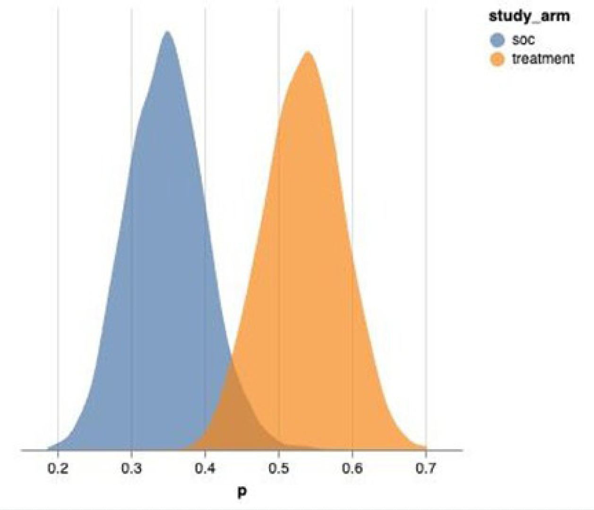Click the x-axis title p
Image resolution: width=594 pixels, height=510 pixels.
(242, 492)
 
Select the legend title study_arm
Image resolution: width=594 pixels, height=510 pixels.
(529, 16)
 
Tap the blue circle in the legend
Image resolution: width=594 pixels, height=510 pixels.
(497, 40)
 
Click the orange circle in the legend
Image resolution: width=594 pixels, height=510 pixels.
(497, 60)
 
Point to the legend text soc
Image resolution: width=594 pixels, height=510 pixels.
(523, 40)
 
